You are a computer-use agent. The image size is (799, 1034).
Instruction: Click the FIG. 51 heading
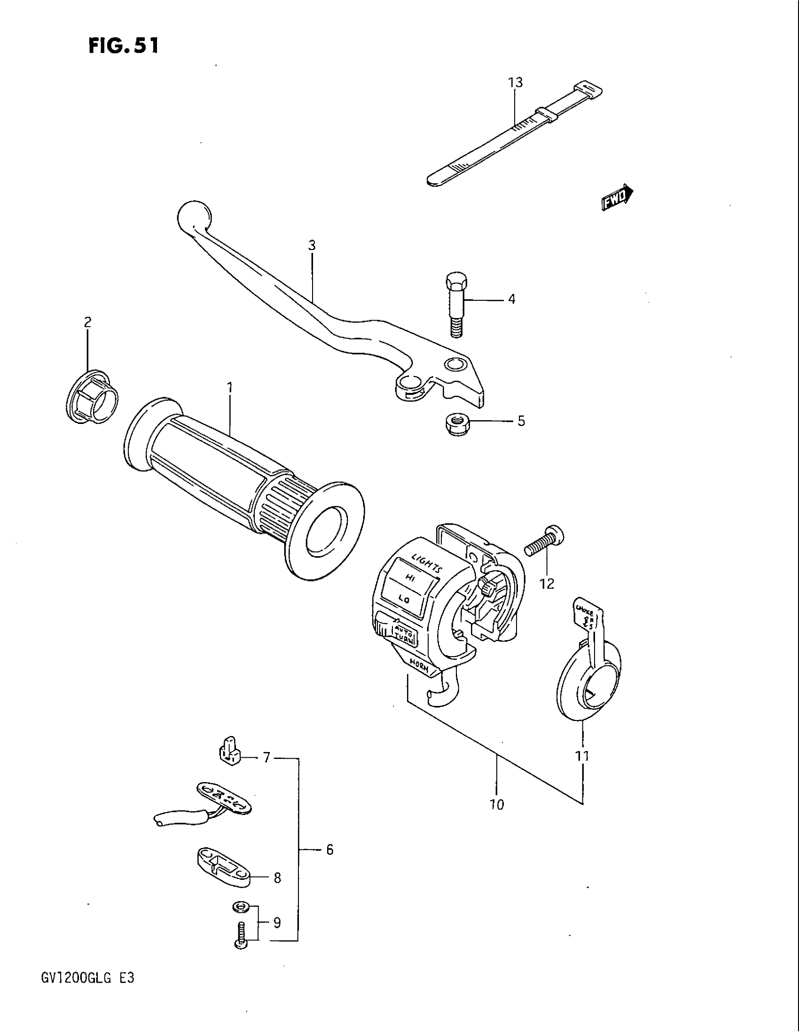[124, 46]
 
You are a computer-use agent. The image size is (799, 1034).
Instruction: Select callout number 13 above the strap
[516, 82]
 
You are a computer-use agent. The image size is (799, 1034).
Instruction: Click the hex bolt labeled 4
[456, 304]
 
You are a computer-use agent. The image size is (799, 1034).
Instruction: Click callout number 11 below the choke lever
[582, 756]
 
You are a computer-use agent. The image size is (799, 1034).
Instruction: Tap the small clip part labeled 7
[229, 752]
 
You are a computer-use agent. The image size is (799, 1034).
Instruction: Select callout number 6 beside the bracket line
[329, 850]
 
